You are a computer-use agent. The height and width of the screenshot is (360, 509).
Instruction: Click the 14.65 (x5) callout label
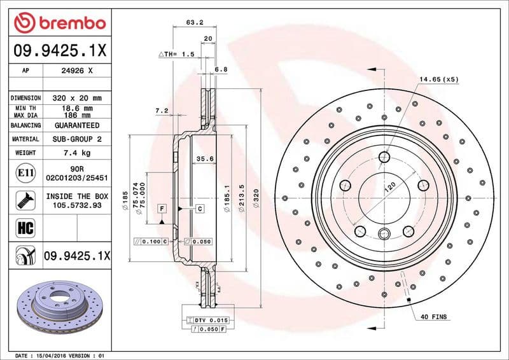438,79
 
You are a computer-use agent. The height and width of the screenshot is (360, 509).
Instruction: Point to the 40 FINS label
434,315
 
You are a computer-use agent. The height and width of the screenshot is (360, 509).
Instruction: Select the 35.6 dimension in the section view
204,160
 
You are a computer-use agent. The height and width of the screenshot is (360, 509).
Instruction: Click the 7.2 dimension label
161,111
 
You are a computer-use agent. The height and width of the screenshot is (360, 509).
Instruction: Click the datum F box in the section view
162,209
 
